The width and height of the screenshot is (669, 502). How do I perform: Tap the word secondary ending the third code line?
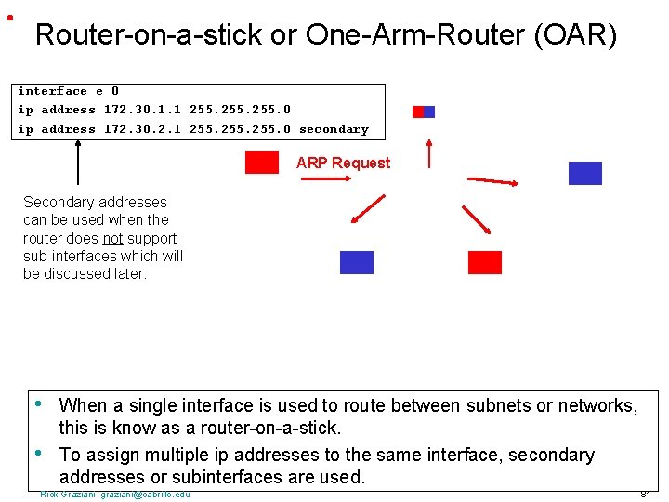click(x=334, y=130)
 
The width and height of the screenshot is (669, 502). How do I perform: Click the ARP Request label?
click(x=343, y=164)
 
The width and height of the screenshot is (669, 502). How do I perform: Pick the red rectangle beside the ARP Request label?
click(x=261, y=163)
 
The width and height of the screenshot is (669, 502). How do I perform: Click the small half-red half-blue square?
click(x=423, y=112)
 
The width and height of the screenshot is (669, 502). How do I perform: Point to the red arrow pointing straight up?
click(x=428, y=153)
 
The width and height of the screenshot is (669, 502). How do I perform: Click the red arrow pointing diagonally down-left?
click(x=368, y=209)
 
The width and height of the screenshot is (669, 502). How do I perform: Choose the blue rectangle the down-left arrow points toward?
click(x=357, y=262)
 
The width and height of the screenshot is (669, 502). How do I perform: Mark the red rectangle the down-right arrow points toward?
click(x=484, y=262)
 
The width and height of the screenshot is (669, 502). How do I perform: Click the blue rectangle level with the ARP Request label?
click(x=584, y=174)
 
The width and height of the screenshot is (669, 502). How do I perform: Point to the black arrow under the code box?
click(x=78, y=164)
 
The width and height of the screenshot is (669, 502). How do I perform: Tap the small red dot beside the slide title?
click(x=8, y=18)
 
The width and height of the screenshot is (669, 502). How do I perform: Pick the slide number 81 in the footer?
click(x=645, y=494)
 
